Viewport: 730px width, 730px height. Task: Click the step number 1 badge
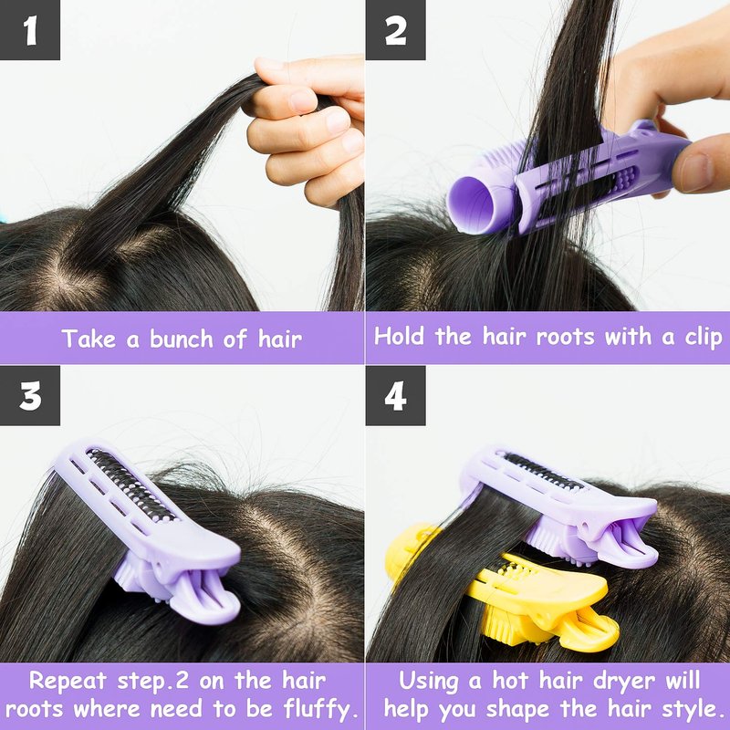30,30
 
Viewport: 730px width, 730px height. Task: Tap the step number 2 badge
395,30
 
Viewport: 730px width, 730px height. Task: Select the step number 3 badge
30,395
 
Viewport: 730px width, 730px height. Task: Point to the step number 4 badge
395,395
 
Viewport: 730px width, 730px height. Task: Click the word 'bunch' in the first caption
182,339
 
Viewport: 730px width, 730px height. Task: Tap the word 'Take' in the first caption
89,339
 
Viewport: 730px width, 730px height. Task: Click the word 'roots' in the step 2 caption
565,337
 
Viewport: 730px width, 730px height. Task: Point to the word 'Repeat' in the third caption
68,681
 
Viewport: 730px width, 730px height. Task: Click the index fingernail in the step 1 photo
302,101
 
